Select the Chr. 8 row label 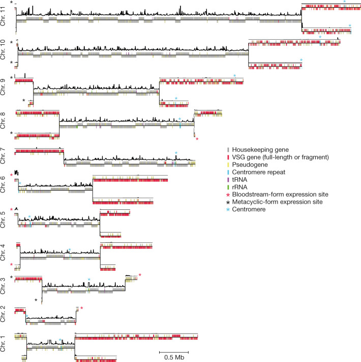(x=5, y=122)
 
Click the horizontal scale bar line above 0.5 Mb (x=174, y=351)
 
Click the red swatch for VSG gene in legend (x=228, y=157)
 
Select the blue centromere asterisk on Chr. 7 (x=176, y=153)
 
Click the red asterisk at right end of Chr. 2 (x=81, y=309)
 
